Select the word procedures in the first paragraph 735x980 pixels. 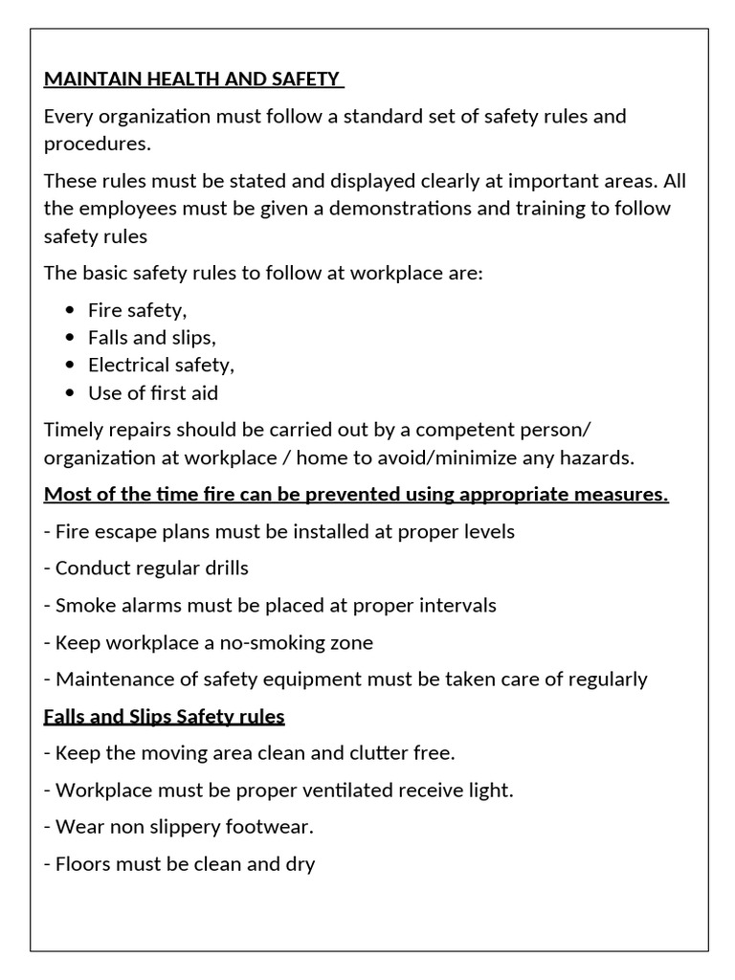click(x=96, y=144)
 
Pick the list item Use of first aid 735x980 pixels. click(x=153, y=392)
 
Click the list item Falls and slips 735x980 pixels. click(x=152, y=338)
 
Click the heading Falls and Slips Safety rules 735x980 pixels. click(x=165, y=716)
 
